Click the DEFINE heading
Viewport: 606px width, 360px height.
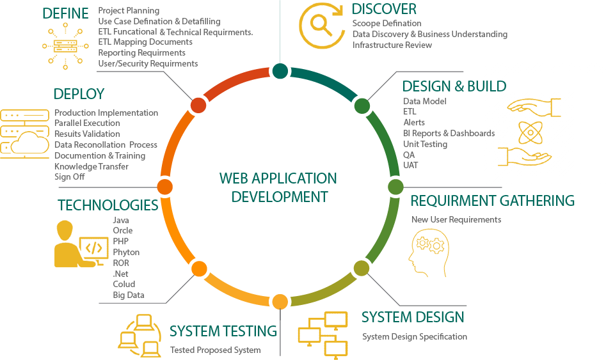click(x=65, y=13)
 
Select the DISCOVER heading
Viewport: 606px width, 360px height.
click(x=384, y=9)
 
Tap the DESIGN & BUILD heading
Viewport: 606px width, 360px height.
click(x=454, y=86)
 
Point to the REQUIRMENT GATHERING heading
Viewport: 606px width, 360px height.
click(x=493, y=201)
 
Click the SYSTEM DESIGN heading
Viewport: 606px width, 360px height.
click(x=413, y=317)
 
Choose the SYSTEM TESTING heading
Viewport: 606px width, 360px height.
click(x=223, y=331)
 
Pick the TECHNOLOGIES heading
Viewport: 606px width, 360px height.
click(x=108, y=205)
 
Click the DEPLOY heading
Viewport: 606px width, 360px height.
click(x=79, y=94)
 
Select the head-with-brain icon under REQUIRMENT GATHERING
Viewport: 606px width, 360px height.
click(x=428, y=253)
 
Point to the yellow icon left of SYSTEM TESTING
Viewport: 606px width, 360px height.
click(x=139, y=335)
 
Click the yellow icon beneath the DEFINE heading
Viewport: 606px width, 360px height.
click(x=65, y=46)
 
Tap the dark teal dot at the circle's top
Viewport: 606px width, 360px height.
click(x=279, y=70)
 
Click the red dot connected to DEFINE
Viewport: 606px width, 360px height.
click(x=198, y=104)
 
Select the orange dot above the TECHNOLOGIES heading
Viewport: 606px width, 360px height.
click(x=164, y=186)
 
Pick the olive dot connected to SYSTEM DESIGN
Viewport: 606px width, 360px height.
click(x=362, y=268)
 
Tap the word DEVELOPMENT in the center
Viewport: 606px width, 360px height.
click(x=279, y=196)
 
